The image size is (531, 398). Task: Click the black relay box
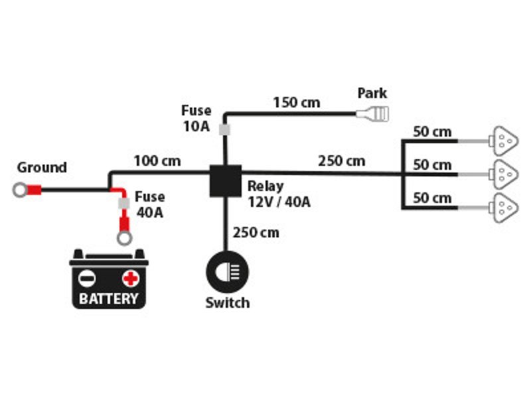pos(226,181)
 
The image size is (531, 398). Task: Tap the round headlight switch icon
pos(227,272)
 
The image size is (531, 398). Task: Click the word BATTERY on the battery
pos(108,298)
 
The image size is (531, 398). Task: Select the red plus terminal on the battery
pos(130,279)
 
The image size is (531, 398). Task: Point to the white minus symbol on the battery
pos(87,279)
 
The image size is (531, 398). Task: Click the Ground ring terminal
pos(21,190)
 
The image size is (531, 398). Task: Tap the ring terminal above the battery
pos(124,238)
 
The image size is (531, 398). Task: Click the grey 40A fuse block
pos(124,204)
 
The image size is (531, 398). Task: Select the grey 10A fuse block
pos(224,129)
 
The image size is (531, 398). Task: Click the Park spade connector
pos(372,114)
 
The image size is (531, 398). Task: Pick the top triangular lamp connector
pos(504,141)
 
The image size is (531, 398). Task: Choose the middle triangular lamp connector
pos(504,174)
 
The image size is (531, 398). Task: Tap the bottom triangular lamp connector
pos(504,208)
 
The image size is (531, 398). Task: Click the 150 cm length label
pos(297,103)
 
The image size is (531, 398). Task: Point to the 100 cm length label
pos(157,161)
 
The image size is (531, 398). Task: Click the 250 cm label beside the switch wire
pos(256,233)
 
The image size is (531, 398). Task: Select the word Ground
pos(42,168)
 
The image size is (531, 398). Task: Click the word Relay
pos(265,186)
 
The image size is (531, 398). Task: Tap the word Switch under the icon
pos(228,302)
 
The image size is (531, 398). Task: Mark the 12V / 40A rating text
pos(279,202)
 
